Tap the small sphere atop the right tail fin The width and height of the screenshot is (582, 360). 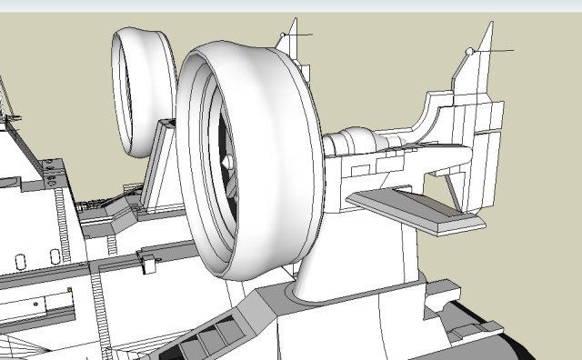point(469,52)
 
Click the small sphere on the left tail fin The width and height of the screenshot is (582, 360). point(283,35)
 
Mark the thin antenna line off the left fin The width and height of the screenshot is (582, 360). point(300,35)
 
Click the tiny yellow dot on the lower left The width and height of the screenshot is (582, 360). point(70,290)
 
